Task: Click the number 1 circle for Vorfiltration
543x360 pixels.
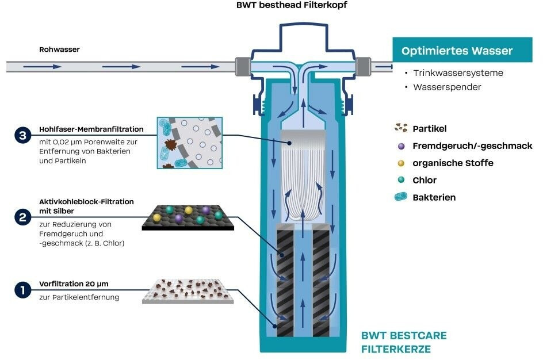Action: click(22, 290)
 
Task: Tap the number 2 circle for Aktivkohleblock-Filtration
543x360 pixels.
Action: click(22, 217)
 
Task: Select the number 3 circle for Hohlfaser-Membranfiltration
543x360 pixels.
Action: click(22, 136)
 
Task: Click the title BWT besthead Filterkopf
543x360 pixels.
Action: click(291, 5)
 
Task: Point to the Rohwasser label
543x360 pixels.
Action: click(59, 49)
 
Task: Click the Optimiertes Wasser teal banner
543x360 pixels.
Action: click(457, 51)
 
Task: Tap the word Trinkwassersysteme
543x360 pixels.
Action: click(458, 73)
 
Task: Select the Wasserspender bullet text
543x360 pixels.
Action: click(447, 87)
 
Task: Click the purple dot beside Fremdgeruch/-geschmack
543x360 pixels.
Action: click(400, 146)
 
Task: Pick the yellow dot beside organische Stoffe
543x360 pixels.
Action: click(400, 163)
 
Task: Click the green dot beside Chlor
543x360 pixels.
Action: click(400, 180)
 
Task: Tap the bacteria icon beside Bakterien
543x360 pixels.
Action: click(399, 197)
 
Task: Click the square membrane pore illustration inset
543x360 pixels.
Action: click(189, 143)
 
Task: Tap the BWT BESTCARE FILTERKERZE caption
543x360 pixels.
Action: click(403, 342)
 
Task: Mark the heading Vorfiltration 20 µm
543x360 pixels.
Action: click(74, 284)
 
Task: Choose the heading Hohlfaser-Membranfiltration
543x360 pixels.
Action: click(91, 129)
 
